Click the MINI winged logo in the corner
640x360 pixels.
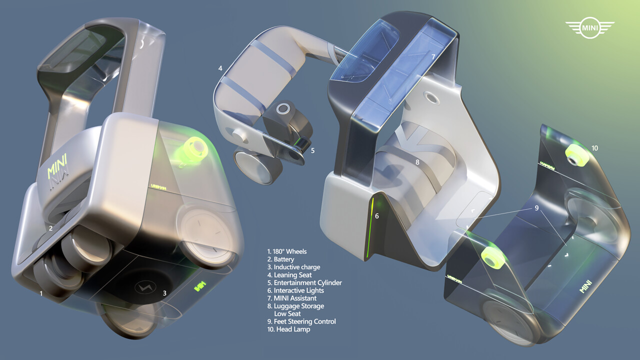[589, 28]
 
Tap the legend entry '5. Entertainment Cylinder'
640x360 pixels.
[305, 282]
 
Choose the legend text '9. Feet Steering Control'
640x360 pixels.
[302, 321]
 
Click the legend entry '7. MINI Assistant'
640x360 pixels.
[295, 298]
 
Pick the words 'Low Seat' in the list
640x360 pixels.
[287, 313]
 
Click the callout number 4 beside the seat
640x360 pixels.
[220, 67]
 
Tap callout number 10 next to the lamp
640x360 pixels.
[594, 148]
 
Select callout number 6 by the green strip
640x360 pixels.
[377, 216]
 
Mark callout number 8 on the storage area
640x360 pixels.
[417, 162]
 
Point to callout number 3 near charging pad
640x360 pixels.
[164, 293]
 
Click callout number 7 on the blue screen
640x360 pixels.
[433, 57]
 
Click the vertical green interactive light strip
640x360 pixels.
[370, 227]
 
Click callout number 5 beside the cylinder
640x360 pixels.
[312, 149]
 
